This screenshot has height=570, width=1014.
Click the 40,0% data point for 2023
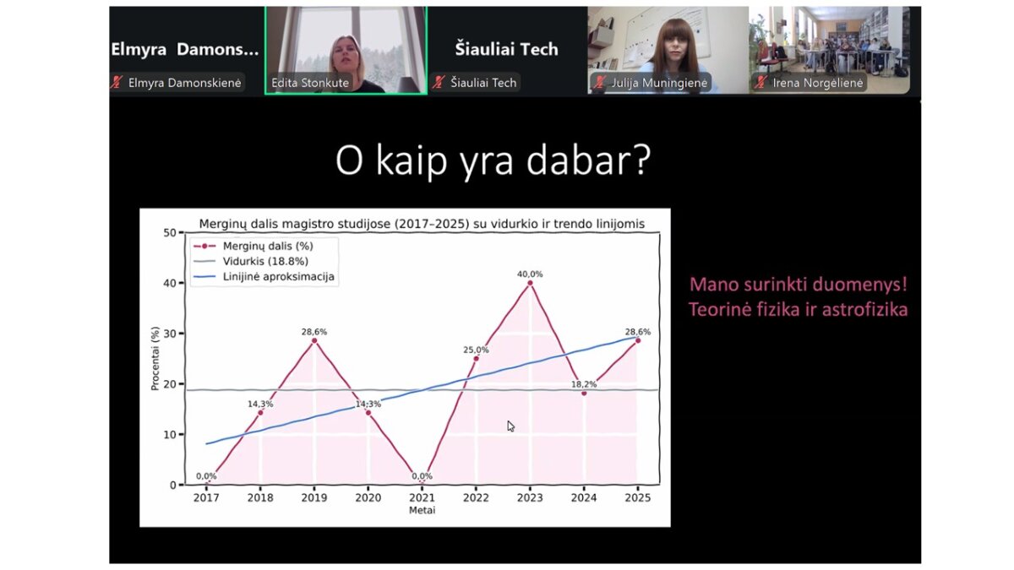[x=530, y=283]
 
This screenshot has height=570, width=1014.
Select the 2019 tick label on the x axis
[x=314, y=497]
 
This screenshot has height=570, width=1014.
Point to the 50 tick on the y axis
[x=170, y=232]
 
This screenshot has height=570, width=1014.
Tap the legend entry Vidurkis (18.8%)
[x=265, y=262]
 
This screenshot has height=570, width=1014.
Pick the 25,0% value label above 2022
[x=476, y=350]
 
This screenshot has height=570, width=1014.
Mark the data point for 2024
[x=584, y=394]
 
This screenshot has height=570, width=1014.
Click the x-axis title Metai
[x=422, y=510]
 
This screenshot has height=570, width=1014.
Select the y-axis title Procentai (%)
[x=155, y=358]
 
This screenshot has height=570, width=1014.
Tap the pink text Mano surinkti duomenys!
[x=799, y=285]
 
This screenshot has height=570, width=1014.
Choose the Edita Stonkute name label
[x=310, y=83]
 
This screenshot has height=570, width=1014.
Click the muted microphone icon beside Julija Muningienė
[x=600, y=83]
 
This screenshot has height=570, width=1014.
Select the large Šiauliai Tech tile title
[x=506, y=49]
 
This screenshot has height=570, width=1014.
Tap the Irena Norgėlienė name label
[x=818, y=83]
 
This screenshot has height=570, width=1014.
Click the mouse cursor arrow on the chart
[x=510, y=426]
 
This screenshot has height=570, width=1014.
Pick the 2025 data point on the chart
[x=638, y=340]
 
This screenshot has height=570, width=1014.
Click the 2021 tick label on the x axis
[x=422, y=497]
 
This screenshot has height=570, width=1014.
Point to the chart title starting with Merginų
[x=422, y=224]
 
